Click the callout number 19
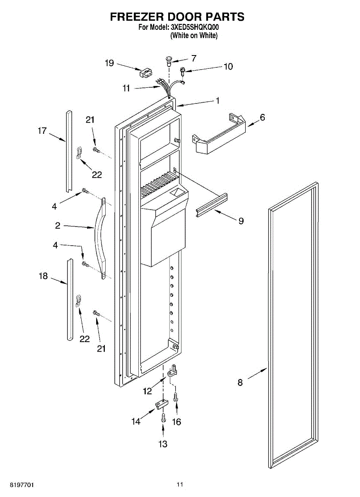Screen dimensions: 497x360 pos(109,63)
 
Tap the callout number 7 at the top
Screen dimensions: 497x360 pos(193,58)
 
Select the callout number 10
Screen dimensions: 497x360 pos(228,66)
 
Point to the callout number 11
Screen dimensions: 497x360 pos(126,88)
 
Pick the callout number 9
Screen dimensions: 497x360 pos(241,221)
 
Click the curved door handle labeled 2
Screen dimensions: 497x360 pos(100,238)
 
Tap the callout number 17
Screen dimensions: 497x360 pos(42,131)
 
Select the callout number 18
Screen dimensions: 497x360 pos(43,276)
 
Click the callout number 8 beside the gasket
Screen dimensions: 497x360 pos(240,383)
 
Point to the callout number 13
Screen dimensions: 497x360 pos(163,444)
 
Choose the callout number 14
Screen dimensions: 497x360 pos(136,422)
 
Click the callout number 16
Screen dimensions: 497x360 pos(177,422)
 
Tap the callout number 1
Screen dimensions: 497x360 pos(217,100)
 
